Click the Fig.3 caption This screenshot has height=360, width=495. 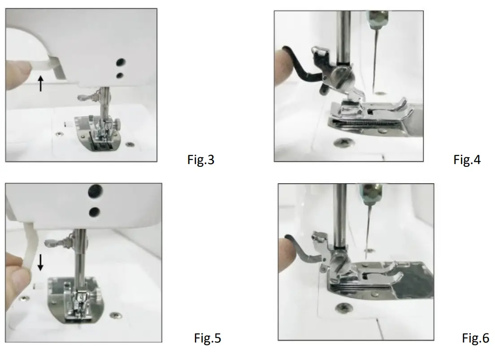click(x=200, y=160)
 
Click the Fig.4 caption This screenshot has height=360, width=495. click(x=467, y=160)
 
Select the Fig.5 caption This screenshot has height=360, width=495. click(x=207, y=338)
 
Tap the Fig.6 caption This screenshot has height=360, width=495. click(x=475, y=338)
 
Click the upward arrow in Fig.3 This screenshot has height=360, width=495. click(x=41, y=83)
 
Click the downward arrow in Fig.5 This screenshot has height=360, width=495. click(x=40, y=262)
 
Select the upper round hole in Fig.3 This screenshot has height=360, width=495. click(x=120, y=62)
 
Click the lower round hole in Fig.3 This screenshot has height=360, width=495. click(x=120, y=75)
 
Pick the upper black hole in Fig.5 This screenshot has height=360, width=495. click(x=95, y=191)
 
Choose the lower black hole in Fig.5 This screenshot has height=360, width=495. click(x=94, y=211)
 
